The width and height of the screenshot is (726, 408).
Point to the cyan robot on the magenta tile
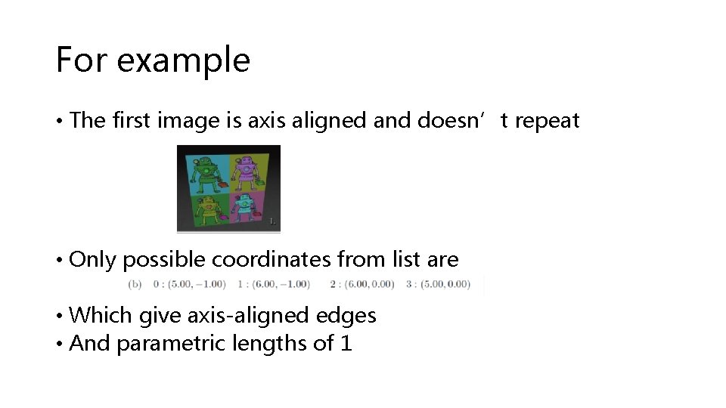(x=245, y=208)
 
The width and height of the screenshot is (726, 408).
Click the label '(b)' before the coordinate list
(x=135, y=284)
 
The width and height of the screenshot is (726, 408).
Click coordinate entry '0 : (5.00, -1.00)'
(x=189, y=284)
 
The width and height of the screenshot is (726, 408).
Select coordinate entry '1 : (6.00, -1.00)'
(x=273, y=284)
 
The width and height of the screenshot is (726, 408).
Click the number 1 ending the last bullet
(x=346, y=344)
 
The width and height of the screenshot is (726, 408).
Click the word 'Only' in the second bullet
(x=93, y=260)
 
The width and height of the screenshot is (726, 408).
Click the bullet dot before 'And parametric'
(x=59, y=345)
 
